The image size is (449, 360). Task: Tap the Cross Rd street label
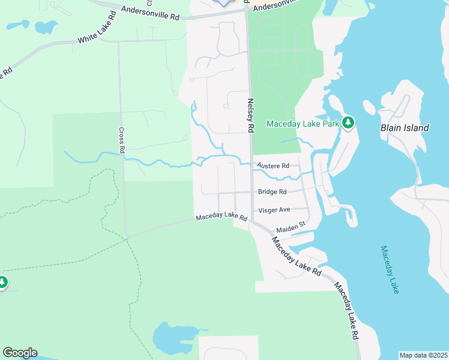click(x=121, y=141)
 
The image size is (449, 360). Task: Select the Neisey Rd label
click(x=251, y=116)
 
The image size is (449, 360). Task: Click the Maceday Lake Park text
click(x=303, y=123)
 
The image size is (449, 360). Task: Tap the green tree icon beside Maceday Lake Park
click(x=348, y=123)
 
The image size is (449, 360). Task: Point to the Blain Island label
click(x=405, y=128)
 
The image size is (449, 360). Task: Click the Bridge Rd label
click(x=272, y=192)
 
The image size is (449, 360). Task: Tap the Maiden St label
click(x=291, y=227)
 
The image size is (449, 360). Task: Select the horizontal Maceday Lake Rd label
click(x=221, y=217)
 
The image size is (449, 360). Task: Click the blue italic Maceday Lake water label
click(x=389, y=269)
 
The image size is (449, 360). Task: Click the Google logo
click(x=20, y=353)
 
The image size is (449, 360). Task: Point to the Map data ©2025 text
click(x=423, y=355)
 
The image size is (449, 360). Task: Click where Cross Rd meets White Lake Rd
click(x=118, y=41)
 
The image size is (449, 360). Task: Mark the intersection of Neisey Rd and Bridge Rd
click(x=251, y=193)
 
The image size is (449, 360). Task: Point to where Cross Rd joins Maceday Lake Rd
click(x=127, y=236)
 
